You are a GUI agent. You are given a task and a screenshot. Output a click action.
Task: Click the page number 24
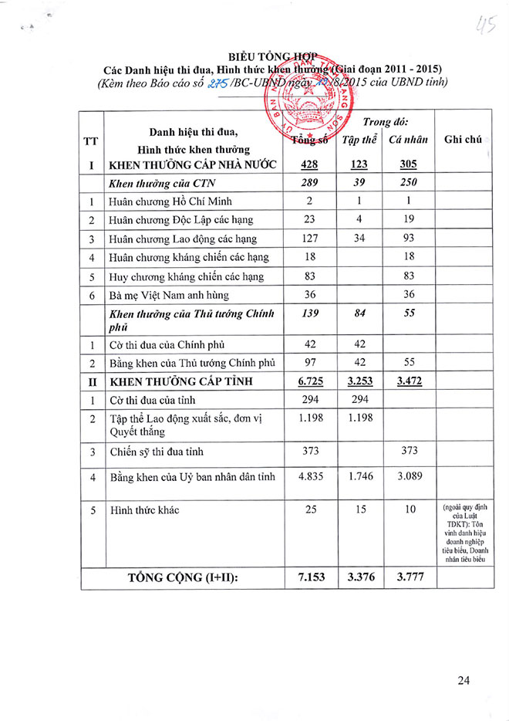tap(463, 679)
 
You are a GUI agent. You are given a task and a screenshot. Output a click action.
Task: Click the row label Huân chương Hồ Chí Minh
tap(166, 201)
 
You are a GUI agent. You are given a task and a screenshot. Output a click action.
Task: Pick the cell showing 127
tap(308, 239)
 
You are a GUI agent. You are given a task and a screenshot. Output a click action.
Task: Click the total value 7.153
tap(308, 577)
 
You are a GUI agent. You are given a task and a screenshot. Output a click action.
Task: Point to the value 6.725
tap(308, 381)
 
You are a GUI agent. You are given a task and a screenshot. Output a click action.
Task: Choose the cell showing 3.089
tap(410, 476)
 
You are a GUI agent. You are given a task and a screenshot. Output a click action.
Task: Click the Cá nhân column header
tap(410, 140)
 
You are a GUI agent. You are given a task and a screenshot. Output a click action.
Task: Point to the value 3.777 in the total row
tap(410, 577)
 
